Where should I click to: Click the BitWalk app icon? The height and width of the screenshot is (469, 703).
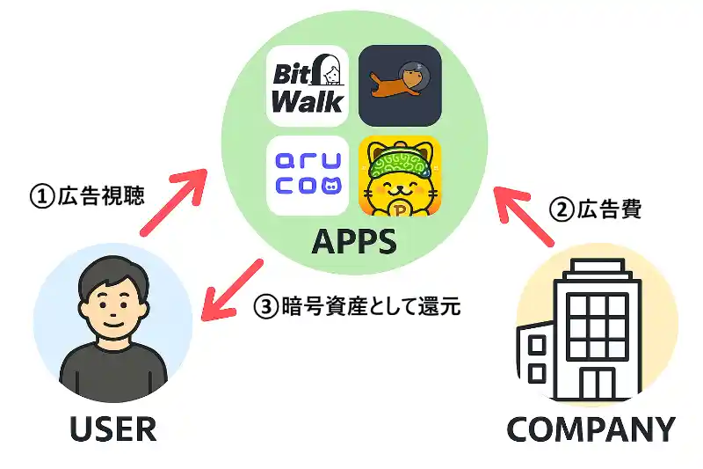[x=307, y=85]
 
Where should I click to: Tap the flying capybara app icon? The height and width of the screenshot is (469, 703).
[x=399, y=85]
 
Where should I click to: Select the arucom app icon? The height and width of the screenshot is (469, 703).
[x=307, y=175]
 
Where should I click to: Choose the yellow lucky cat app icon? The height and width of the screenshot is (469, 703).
[x=399, y=175]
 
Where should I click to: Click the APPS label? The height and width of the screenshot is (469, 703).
[x=352, y=240]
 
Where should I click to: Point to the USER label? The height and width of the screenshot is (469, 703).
[x=112, y=429]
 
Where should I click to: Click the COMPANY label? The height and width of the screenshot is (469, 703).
[x=591, y=429]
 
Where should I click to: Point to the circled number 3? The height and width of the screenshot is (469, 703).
[x=266, y=307]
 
